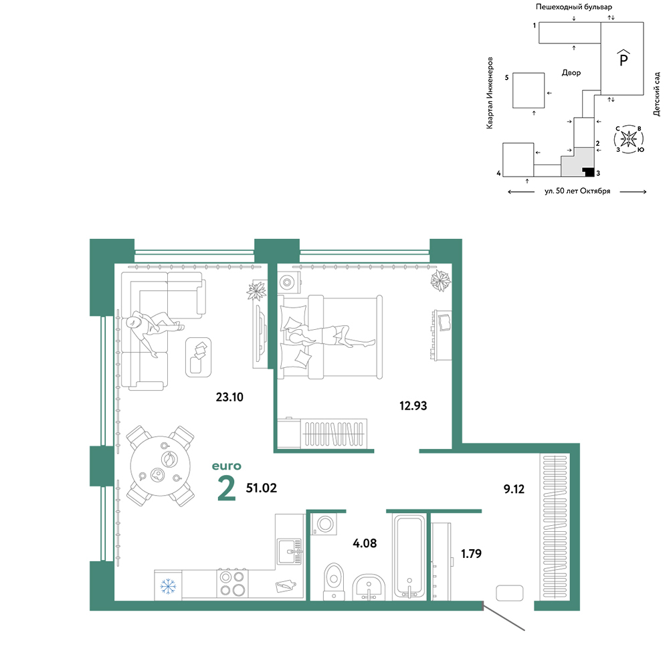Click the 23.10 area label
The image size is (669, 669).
pos(229,397)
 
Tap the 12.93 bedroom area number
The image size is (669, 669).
pos(413,406)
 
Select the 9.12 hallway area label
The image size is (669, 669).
pos(514,489)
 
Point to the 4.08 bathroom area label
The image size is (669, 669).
pos(365,543)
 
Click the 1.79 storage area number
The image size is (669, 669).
pos(471,553)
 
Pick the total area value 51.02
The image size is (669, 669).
pos(261,488)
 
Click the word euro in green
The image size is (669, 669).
pos(227,466)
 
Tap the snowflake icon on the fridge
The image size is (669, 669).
pos(168,586)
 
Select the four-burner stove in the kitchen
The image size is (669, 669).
pos(233,583)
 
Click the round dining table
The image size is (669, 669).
pos(161,466)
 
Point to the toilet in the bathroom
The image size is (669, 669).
pos(334,581)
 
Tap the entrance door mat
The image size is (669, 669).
pos(509,593)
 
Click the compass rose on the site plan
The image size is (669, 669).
pos(628,138)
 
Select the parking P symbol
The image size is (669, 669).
pos(624,58)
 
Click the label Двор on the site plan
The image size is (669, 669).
pos(571,73)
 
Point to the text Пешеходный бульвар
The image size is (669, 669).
pos(574,7)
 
